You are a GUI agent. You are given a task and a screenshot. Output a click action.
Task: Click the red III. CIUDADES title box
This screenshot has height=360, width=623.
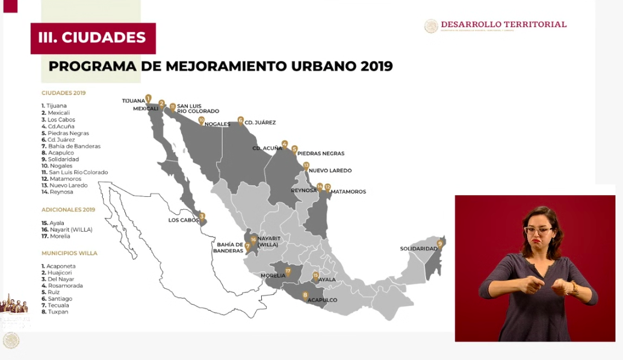[x=93, y=38]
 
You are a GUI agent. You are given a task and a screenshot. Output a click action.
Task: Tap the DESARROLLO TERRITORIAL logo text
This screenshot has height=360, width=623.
[x=503, y=25]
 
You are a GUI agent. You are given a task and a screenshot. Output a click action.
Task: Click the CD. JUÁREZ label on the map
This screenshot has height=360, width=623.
[x=260, y=122]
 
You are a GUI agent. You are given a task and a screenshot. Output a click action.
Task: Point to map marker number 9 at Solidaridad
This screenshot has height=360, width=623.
[x=440, y=244]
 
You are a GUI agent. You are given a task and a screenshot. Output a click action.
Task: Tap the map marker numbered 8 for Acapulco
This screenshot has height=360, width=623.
[x=306, y=295]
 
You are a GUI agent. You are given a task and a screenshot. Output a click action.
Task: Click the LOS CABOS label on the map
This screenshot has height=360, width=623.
[x=183, y=220]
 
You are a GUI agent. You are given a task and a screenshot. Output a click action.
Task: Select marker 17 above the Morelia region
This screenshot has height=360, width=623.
[x=288, y=272]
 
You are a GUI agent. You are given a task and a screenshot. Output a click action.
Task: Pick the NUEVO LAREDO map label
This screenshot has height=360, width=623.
[x=328, y=170]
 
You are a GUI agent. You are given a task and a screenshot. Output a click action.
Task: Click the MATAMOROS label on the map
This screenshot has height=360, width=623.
[x=348, y=191]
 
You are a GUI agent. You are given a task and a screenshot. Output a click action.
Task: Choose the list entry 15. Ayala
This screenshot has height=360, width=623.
[x=53, y=223]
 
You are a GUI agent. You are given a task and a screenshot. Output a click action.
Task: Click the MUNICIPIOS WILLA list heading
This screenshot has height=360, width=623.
[x=69, y=253]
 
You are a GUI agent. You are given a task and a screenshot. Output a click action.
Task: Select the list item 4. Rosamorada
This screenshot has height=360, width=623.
[x=62, y=285]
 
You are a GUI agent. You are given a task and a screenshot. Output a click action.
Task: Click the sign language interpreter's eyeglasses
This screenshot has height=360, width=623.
[x=538, y=229]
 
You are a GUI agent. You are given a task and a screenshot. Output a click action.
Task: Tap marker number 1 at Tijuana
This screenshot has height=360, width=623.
[x=148, y=98]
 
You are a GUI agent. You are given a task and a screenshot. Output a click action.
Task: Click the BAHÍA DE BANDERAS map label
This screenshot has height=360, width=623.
[x=231, y=247]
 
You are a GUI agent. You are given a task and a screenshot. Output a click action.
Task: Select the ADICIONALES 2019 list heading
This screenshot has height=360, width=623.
[x=68, y=209]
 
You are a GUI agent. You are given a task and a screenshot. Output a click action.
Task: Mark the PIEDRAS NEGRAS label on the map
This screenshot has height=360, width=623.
[x=321, y=154]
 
